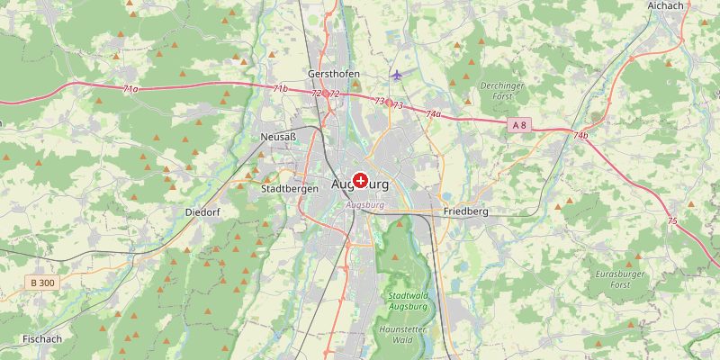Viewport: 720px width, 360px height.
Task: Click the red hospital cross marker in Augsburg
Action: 361,181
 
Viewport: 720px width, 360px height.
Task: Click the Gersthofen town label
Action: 333,74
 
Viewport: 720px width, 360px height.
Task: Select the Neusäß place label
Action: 277,137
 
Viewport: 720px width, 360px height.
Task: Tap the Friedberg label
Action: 465,212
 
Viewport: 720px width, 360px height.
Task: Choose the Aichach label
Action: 665,5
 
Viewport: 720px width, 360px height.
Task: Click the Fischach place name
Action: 41,339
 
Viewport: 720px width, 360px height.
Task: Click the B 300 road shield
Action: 40,283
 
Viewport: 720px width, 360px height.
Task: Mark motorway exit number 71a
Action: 130,89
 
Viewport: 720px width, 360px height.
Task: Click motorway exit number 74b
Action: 580,136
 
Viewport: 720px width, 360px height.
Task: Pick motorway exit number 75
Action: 672,220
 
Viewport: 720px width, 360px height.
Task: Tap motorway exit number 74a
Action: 433,114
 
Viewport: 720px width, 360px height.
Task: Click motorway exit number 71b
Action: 280,88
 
